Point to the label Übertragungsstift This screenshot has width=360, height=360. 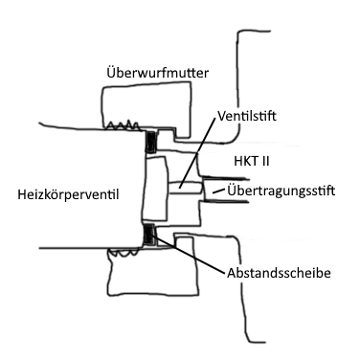pos(286,191)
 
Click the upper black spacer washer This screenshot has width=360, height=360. pos(150,143)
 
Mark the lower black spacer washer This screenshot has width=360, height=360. pos(148,236)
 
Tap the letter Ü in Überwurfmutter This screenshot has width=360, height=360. pos(110,72)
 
